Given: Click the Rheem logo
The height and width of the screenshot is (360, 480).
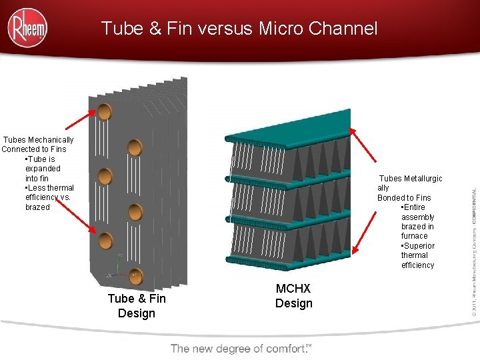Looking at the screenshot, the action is pos(27,27).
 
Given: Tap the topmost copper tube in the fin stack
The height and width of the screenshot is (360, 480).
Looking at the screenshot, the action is pos(104,111).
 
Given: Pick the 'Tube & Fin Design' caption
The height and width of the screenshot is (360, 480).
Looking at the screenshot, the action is pos(137,306).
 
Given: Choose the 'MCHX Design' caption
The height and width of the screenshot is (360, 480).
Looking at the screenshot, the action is pos(293,296).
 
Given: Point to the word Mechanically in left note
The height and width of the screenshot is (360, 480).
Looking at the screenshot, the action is pos(51,140).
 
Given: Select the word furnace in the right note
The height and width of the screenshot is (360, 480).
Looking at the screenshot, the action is pos(415,236).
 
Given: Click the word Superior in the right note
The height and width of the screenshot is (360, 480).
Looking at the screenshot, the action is pos(419,246).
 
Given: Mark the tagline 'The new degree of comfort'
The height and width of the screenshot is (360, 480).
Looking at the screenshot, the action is pos(241,349).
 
